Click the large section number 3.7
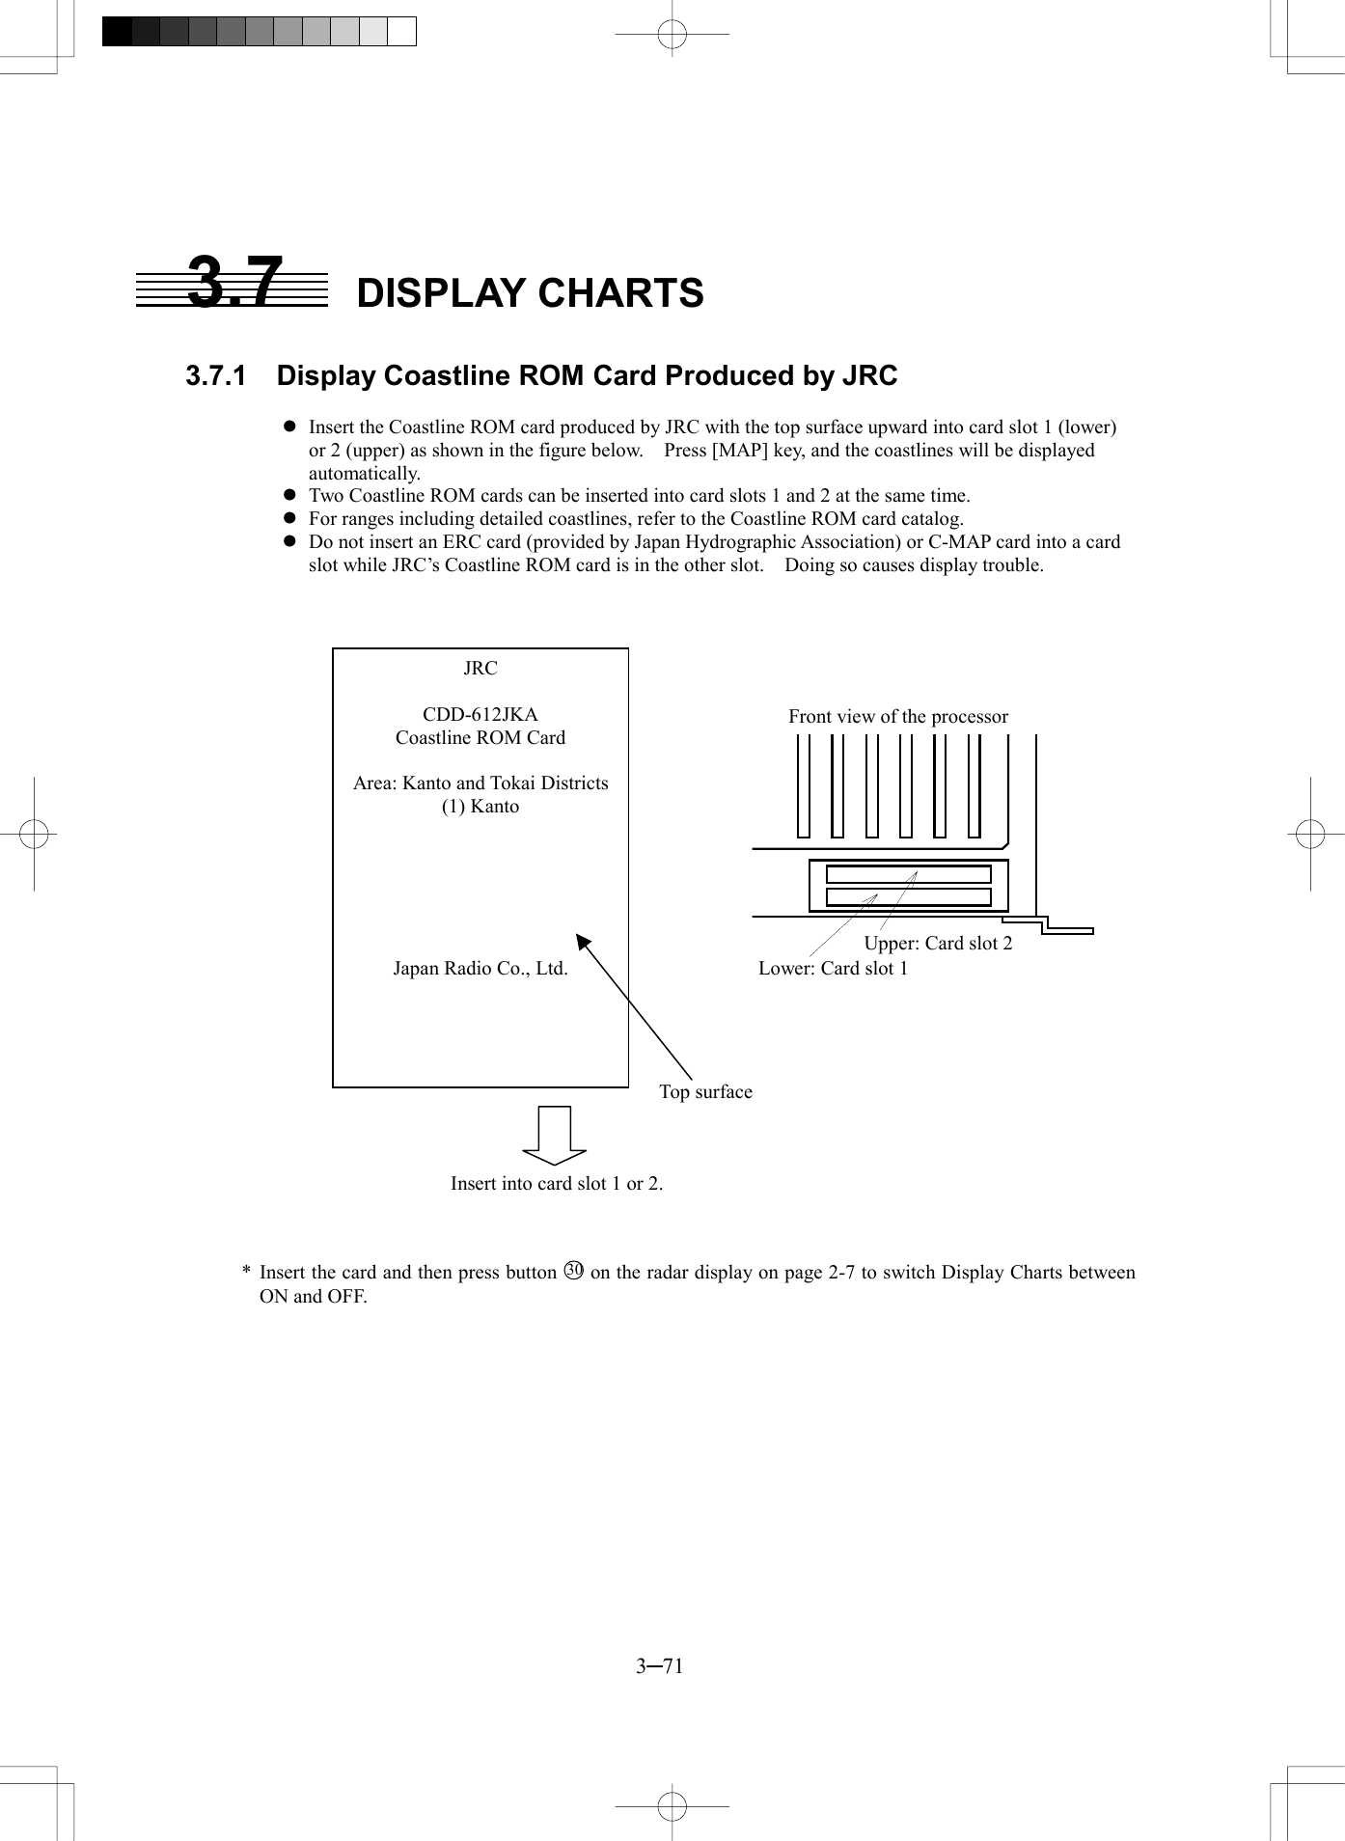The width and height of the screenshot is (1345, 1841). point(234,283)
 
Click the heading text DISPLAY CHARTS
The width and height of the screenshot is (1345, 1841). point(530,293)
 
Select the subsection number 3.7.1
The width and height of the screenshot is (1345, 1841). point(215,376)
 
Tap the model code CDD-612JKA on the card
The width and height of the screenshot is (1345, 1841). point(480,715)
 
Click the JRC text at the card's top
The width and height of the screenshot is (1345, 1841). point(480,669)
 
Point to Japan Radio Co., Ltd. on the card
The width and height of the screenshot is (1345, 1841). point(480,969)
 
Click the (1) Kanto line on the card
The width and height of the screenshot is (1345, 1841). point(480,807)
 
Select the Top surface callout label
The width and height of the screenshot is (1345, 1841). point(705,1092)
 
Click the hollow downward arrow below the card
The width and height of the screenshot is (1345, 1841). point(554,1136)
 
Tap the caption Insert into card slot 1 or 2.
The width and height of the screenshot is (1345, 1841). point(557,1184)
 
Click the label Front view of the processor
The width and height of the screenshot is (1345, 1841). point(897,717)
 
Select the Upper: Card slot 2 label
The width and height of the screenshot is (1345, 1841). point(938,944)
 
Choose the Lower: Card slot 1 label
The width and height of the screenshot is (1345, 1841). point(833,969)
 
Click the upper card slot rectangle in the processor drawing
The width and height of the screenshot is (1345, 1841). point(907,874)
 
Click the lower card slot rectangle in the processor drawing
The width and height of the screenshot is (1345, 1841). point(907,897)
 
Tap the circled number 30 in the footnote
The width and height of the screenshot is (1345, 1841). point(573,1271)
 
